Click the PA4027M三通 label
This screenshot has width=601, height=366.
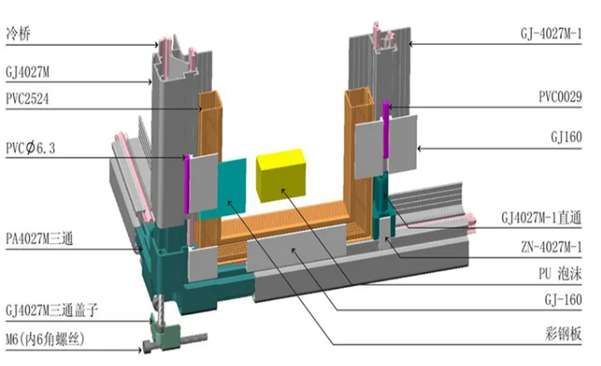(42, 243)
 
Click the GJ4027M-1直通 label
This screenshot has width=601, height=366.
(546, 217)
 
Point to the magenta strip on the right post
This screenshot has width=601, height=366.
(385, 129)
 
